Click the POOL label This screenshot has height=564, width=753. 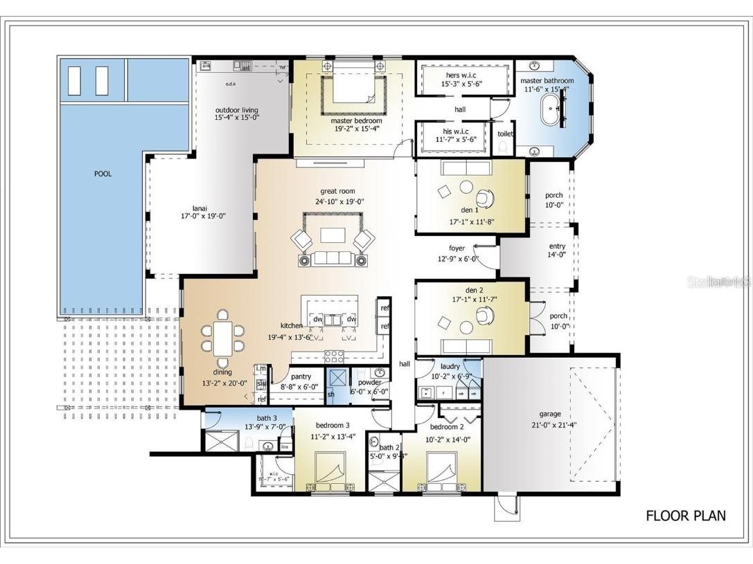coord(103,174)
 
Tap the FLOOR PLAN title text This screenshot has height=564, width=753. coord(686,516)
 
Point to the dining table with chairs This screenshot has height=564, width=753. coord(223,336)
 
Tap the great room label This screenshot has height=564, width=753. coord(339,191)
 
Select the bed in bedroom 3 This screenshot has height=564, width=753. coord(330,468)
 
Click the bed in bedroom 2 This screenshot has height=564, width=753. coord(442,469)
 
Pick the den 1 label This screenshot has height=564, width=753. coord(469,210)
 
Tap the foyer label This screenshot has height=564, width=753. coord(457,248)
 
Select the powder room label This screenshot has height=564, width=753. coord(370,382)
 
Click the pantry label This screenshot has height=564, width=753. coord(301,377)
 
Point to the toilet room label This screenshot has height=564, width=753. coord(505,134)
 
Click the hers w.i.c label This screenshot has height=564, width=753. coord(461,75)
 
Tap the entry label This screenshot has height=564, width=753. coord(557,246)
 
